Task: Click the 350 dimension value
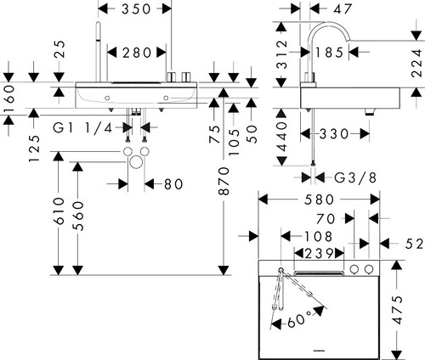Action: coord(136,8)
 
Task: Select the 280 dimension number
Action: coord(137,53)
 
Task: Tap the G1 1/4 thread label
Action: coord(82,128)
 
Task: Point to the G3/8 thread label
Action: coord(355,177)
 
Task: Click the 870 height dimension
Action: coord(224,181)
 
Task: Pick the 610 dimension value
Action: coord(59,211)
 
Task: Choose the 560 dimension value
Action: coord(78,216)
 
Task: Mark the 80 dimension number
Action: coord(173,184)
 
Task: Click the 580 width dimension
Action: coord(319,200)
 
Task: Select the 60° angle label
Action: coord(299,320)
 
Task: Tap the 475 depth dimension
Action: coord(398,310)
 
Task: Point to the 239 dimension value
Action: coord(319,253)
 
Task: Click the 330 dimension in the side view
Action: coord(334,133)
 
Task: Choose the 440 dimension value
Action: coord(281,136)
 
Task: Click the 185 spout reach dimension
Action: coord(329,53)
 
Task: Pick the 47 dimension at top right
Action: coord(343,8)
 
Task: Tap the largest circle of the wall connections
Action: coord(136,162)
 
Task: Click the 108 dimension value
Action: coord(318,236)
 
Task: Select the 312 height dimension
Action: coord(281,54)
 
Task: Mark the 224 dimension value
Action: coord(416,63)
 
